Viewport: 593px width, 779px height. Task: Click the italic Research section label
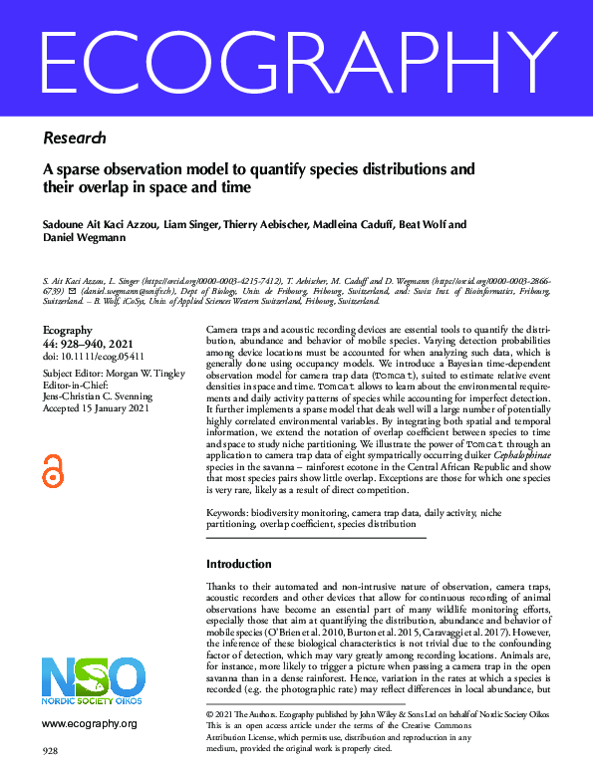point(75,137)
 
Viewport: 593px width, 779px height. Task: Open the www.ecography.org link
point(88,723)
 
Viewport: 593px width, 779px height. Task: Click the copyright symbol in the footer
point(209,715)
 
